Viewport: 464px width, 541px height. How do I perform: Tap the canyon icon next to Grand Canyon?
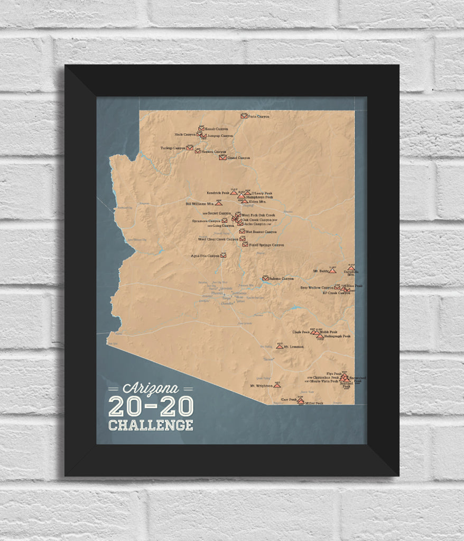coord(222,157)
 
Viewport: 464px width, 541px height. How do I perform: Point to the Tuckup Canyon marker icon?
coord(189,147)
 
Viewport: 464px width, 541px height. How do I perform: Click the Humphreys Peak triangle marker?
coord(241,196)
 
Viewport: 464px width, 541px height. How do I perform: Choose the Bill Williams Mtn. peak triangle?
coord(219,203)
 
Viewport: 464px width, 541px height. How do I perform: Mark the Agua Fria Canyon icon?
coord(223,255)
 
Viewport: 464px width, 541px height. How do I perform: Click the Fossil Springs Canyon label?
coord(266,245)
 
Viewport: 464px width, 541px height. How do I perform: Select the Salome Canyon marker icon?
coord(265,278)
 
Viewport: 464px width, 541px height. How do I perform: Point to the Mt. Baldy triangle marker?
coord(332,270)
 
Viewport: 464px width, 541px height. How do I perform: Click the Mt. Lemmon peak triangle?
coord(280,346)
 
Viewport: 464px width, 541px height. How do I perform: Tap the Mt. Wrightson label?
coord(261,386)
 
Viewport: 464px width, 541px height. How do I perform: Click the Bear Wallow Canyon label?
coord(317,288)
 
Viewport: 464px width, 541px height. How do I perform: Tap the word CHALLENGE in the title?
coord(151,425)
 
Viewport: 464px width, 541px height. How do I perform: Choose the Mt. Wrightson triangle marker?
coord(277,385)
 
